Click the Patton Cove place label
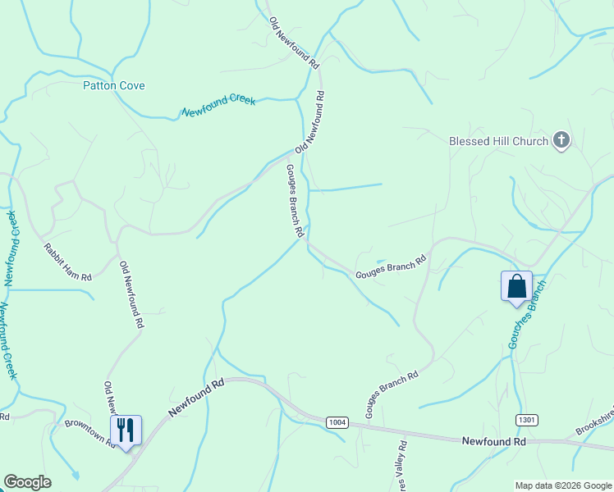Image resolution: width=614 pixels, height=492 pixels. click(113, 85)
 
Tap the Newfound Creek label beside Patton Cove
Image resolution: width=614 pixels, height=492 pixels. click(218, 106)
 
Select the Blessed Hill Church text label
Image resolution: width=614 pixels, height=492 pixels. click(498, 141)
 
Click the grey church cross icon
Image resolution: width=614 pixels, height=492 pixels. click(561, 140)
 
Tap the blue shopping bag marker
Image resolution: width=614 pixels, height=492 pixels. click(516, 286)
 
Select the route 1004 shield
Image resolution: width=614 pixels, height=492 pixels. click(337, 422)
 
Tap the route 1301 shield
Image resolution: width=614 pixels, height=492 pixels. click(527, 420)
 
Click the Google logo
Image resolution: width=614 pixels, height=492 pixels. click(27, 482)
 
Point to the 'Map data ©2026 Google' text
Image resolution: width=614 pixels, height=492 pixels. click(563, 485)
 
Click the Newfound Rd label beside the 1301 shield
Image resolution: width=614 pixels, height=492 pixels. click(493, 441)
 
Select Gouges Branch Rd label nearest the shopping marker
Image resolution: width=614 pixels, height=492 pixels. click(391, 266)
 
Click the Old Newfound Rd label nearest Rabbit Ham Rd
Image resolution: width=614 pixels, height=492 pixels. click(131, 295)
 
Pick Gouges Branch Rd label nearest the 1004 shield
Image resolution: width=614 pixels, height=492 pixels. click(392, 394)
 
